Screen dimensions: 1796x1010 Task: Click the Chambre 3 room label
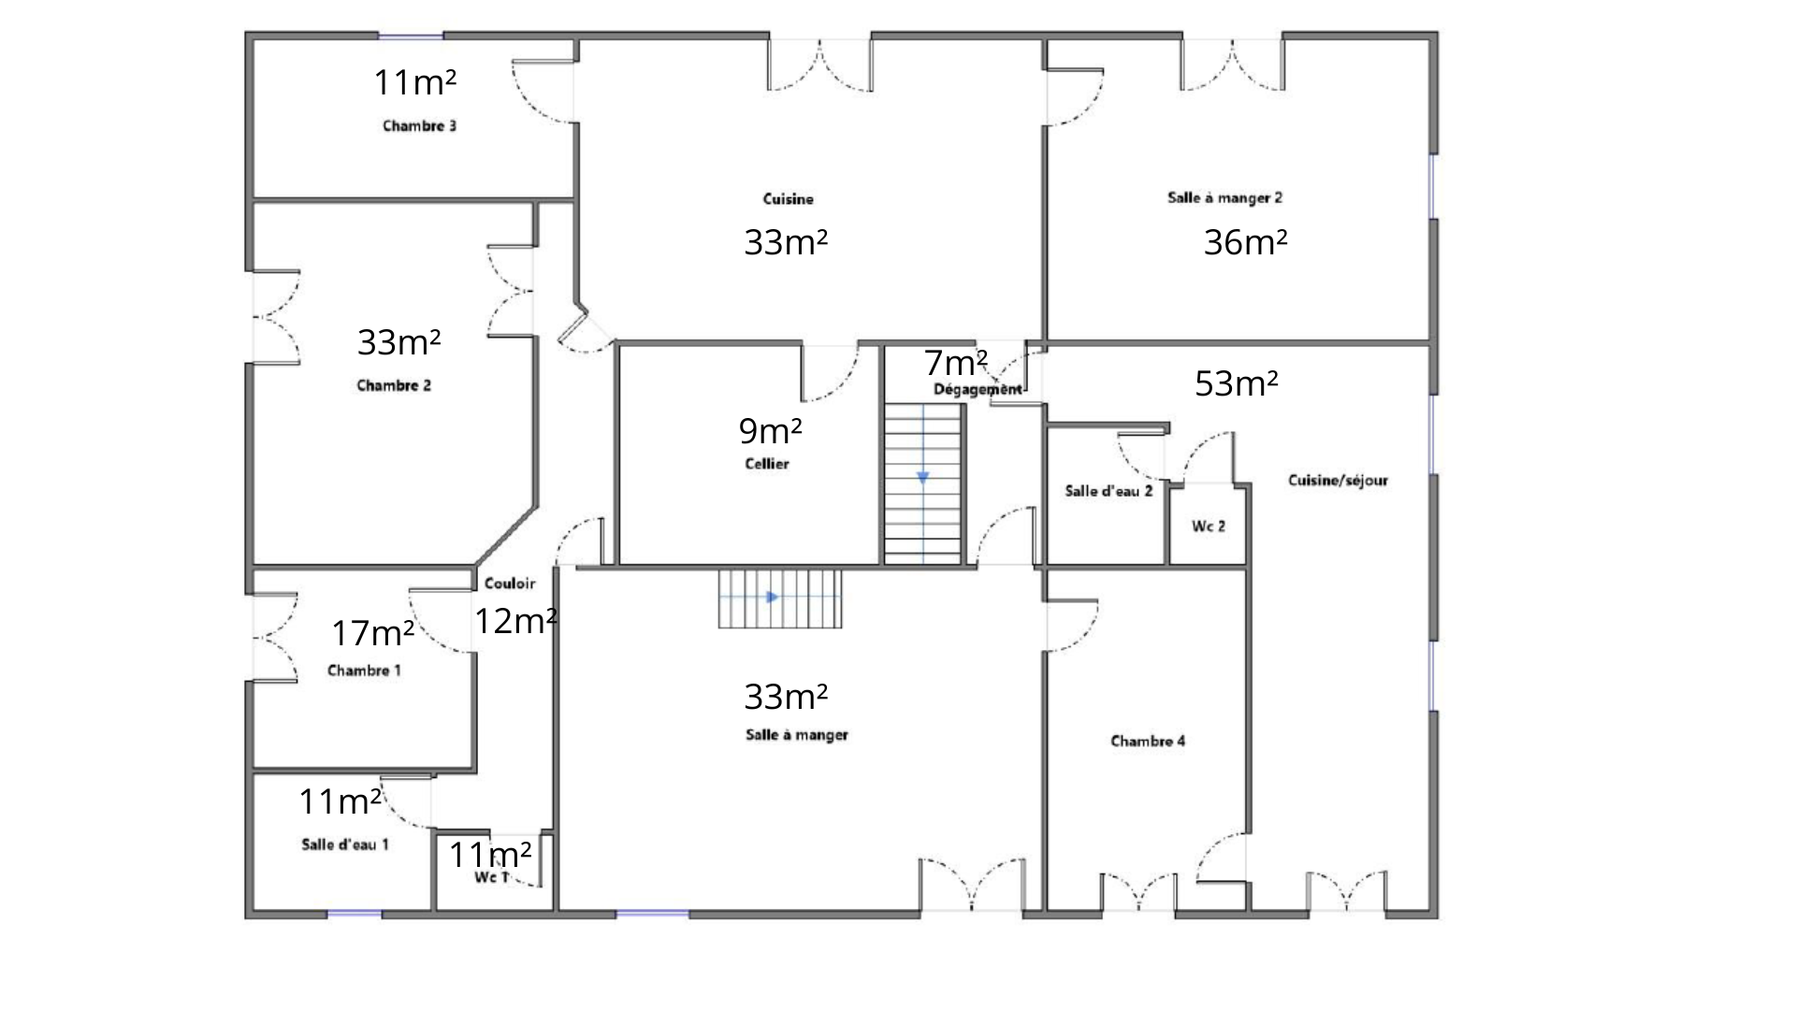(419, 125)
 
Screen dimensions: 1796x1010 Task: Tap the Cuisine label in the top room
(788, 198)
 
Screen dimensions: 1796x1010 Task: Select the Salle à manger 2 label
(1224, 197)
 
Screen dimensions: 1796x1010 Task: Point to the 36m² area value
(1245, 242)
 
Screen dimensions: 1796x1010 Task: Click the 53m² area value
(1237, 383)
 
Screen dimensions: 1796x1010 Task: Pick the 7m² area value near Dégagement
(956, 362)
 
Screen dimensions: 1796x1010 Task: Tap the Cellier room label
(767, 464)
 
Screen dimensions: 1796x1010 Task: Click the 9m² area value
(771, 431)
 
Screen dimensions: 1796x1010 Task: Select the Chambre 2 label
(394, 385)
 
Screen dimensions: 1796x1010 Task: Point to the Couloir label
(510, 584)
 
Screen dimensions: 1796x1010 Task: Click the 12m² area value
(516, 621)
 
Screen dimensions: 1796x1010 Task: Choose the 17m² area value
(373, 634)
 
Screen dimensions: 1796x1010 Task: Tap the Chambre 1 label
(364, 671)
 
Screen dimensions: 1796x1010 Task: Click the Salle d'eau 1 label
(345, 844)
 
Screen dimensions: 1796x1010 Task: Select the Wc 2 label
(1209, 527)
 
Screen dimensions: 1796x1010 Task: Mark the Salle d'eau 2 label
(1108, 491)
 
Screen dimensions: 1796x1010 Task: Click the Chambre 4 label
(1148, 742)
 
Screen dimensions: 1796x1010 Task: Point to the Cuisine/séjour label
(1338, 481)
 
